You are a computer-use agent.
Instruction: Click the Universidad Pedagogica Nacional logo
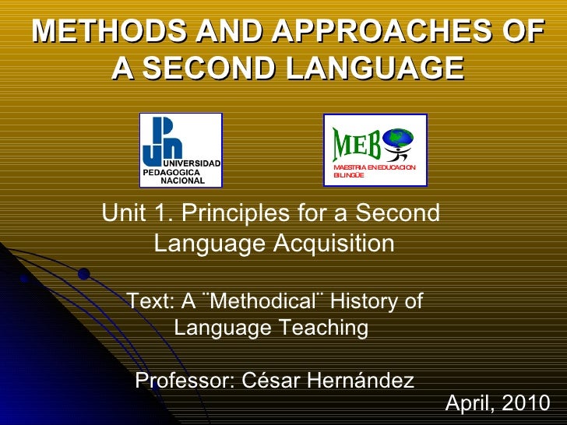pyautogui.click(x=181, y=150)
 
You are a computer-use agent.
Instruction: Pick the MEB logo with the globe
pyautogui.click(x=375, y=149)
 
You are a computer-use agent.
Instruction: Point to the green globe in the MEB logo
pyautogui.click(x=402, y=139)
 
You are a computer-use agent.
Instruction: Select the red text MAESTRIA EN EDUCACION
pyautogui.click(x=375, y=168)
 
